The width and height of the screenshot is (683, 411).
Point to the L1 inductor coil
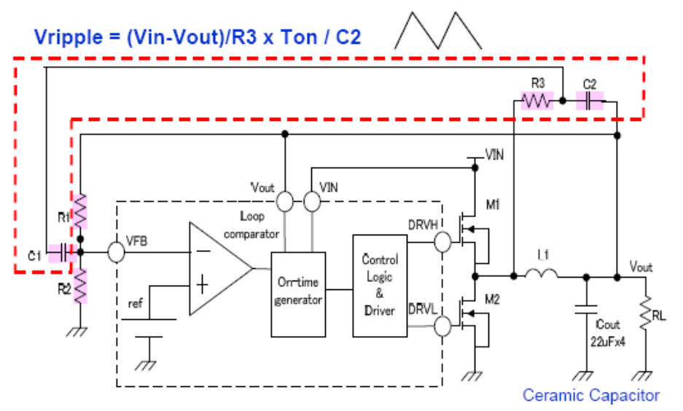click(x=540, y=275)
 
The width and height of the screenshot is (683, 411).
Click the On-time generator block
click(x=299, y=294)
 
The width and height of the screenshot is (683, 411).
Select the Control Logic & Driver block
click(x=379, y=286)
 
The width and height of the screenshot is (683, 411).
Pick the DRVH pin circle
click(x=443, y=241)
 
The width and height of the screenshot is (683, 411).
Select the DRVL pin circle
click(x=443, y=326)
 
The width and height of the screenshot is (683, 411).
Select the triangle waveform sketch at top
click(x=438, y=31)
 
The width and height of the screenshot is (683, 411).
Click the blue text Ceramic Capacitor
click(x=590, y=396)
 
